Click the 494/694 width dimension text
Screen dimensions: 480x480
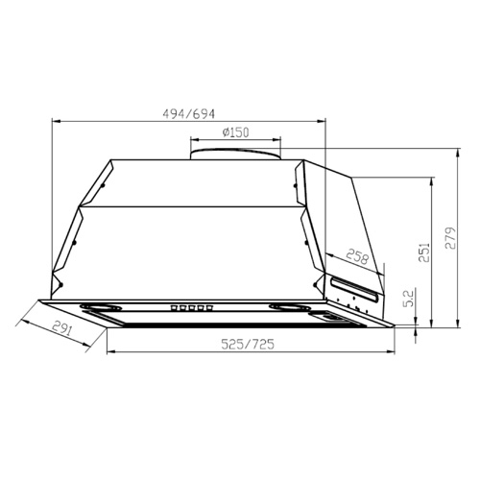point(189,114)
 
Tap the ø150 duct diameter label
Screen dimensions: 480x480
point(235,132)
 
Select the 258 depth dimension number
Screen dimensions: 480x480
point(358,256)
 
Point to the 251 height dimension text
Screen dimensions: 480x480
point(424,252)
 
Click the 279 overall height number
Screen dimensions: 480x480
point(450,238)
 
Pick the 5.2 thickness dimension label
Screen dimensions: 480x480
point(409,298)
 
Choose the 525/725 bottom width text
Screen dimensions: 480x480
point(248,344)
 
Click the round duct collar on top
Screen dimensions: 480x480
point(235,154)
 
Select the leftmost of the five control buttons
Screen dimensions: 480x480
point(175,308)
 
